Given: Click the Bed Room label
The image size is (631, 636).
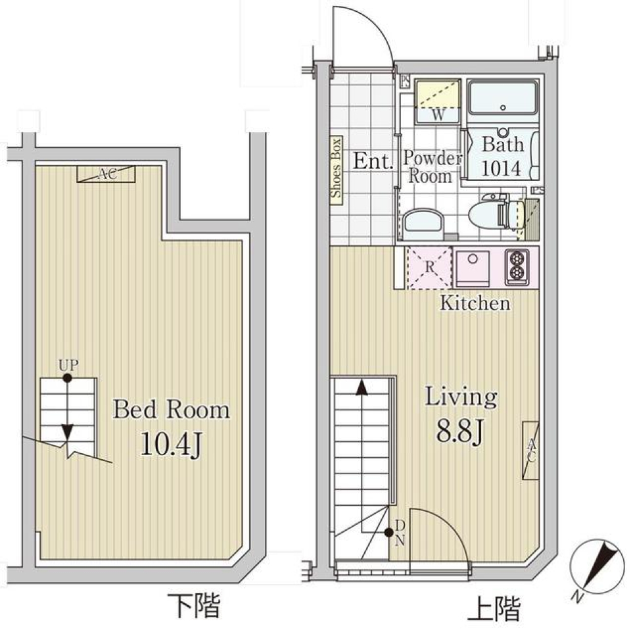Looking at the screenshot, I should click(172, 410).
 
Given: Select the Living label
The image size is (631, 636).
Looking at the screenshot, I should click(460, 397).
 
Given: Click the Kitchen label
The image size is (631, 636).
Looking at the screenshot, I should click(475, 303).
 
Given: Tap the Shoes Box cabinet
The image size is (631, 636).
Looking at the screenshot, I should click(336, 169).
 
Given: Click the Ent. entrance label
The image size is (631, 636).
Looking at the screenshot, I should click(373, 161).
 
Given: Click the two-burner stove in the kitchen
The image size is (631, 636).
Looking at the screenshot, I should click(517, 267).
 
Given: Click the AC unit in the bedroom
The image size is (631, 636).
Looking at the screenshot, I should click(106, 174).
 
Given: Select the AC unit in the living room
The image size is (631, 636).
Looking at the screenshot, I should click(530, 451).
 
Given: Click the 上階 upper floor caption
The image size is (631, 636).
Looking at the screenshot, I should click(494, 608).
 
